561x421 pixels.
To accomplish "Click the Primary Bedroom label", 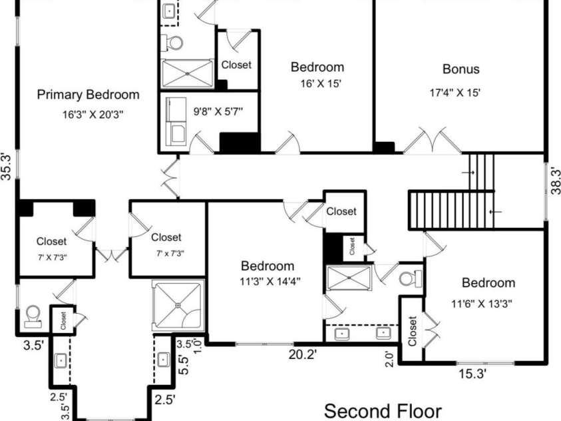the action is (x=88, y=95).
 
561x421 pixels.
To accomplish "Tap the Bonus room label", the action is (x=461, y=69).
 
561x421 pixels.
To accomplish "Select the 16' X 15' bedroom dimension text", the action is (x=321, y=83).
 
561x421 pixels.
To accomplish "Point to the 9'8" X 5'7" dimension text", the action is (x=218, y=111).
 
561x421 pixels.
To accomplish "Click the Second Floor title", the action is (x=383, y=411).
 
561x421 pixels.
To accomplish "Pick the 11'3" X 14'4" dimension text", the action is (x=270, y=281).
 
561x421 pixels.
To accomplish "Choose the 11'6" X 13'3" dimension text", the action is (x=482, y=304).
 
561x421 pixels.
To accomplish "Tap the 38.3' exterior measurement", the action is (x=555, y=181).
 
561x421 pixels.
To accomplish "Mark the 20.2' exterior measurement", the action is (x=303, y=354).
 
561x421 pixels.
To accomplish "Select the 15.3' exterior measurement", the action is (x=472, y=374).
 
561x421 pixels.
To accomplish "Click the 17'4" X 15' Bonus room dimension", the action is (x=455, y=93).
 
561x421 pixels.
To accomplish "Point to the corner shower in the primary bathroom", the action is (x=178, y=305).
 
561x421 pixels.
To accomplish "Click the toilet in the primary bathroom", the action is (x=33, y=317).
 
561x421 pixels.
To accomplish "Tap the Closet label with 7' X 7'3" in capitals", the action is (x=51, y=241).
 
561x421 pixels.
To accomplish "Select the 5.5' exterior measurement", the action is (x=184, y=365).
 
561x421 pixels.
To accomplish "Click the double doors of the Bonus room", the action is (x=432, y=141).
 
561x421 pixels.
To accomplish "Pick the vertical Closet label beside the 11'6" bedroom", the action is (x=412, y=331).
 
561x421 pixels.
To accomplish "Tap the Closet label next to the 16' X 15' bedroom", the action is (x=236, y=65).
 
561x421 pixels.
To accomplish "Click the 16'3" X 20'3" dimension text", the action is (x=93, y=115).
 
